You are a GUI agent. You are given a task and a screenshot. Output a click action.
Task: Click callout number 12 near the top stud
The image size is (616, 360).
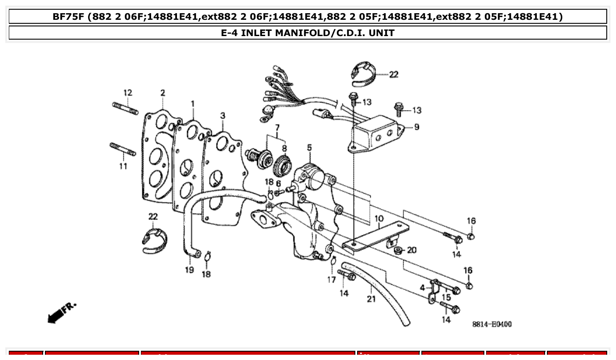click(127, 93)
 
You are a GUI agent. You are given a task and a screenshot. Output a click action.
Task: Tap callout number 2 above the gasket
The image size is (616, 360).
click(162, 93)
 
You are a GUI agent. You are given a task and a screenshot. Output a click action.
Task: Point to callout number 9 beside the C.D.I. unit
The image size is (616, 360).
click(416, 127)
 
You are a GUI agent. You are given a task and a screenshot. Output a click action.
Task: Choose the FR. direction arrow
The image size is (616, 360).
click(61, 312)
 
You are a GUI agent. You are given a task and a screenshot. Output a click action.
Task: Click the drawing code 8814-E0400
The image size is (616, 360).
click(492, 324)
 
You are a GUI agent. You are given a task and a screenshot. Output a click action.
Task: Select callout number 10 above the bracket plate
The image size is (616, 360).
click(379, 218)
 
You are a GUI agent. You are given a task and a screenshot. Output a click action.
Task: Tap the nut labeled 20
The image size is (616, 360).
click(398, 251)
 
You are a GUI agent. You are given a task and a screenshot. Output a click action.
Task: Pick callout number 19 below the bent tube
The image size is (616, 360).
click(189, 270)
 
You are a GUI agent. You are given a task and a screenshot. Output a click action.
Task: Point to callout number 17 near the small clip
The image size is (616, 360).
click(331, 280)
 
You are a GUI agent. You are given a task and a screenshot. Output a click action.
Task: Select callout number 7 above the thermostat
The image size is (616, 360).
click(277, 128)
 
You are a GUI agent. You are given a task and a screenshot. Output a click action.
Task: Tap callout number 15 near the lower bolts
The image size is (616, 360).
click(446, 298)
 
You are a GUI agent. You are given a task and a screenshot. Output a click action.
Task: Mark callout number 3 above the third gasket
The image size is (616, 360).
click(222, 115)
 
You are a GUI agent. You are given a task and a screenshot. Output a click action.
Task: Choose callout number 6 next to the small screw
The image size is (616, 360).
click(278, 183)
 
